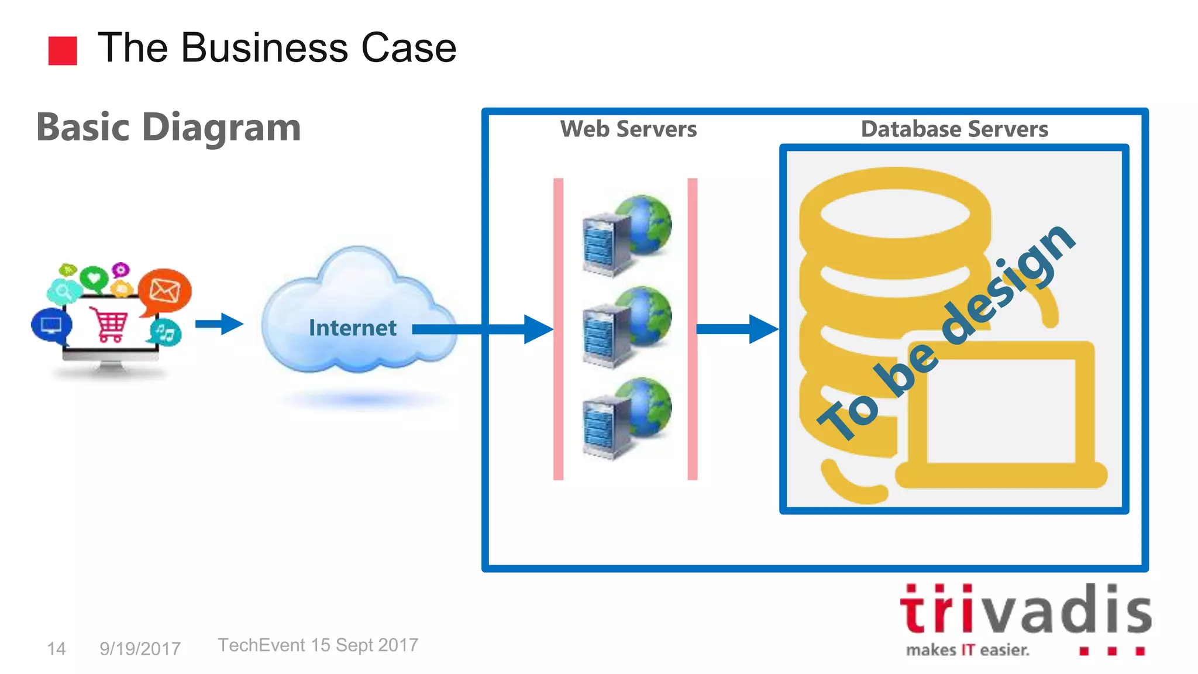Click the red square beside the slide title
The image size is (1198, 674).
[x=63, y=51]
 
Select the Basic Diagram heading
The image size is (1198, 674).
[x=168, y=127]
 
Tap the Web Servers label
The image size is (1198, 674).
[x=628, y=129]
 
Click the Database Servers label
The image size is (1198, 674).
[x=954, y=129]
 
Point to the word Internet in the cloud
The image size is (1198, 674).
[x=352, y=328]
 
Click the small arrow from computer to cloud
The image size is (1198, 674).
[x=219, y=324]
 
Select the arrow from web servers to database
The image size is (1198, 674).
[x=737, y=329]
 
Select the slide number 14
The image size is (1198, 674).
[x=56, y=648]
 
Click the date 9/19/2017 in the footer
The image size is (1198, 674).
[x=140, y=648]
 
